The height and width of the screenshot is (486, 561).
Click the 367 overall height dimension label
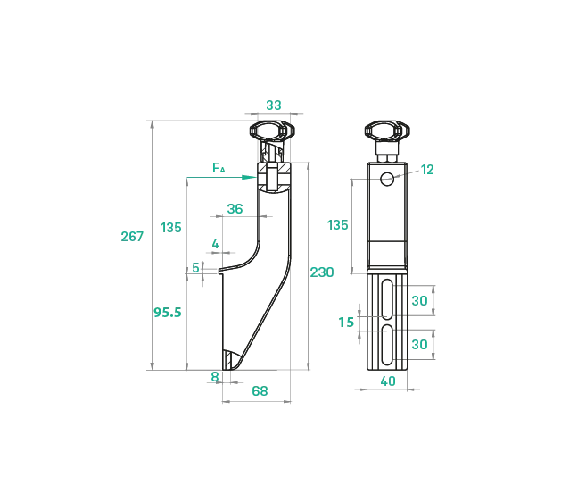(x=132, y=237)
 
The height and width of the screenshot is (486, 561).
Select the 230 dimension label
(x=323, y=272)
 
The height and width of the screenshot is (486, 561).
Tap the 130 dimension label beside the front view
(x=338, y=225)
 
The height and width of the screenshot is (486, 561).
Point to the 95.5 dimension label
(x=168, y=313)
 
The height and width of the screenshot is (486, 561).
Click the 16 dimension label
(x=347, y=322)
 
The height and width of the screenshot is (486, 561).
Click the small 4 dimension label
(x=214, y=243)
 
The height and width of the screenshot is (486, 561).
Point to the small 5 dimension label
(x=196, y=268)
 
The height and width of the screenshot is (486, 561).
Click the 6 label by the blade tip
(x=214, y=376)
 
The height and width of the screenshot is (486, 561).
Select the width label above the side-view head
(x=274, y=105)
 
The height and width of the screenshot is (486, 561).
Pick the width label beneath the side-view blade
(x=259, y=391)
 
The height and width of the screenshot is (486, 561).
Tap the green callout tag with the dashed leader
(x=427, y=171)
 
